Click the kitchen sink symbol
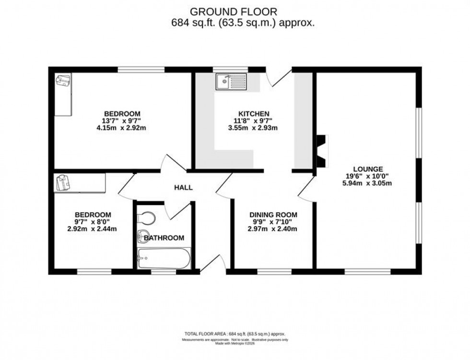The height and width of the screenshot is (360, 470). click(231, 82)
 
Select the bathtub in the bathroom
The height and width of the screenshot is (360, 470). click(163, 258)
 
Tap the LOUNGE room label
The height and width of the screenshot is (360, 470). click(368, 169)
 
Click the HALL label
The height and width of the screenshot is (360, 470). click(183, 187)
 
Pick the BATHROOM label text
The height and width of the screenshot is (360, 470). click(164, 238)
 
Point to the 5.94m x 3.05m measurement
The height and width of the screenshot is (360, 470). click(368, 183)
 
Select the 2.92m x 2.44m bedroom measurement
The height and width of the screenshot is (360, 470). click(93, 229)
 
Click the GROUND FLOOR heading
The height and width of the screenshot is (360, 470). click(233, 11)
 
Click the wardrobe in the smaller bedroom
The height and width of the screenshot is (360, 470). click(80, 183)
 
